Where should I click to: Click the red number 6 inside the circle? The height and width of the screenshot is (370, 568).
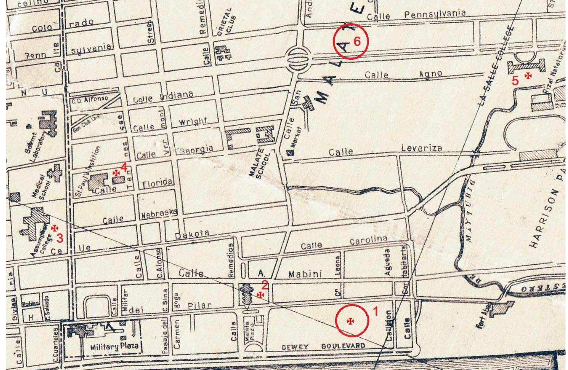(357, 41)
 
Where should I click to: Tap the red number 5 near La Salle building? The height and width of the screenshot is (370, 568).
(515, 81)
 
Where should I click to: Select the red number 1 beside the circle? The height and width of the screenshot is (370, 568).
(375, 311)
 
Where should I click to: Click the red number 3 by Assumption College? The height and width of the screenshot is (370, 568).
(60, 238)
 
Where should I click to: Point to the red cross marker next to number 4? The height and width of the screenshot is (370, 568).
(116, 173)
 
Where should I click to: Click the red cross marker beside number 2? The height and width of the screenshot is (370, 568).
(261, 295)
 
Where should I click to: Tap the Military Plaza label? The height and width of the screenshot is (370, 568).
(114, 346)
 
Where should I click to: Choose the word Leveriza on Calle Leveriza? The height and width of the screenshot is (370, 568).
(421, 148)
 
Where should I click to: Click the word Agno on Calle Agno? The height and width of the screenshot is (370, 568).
(431, 74)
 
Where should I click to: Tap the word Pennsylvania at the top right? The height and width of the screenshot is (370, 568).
(435, 14)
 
